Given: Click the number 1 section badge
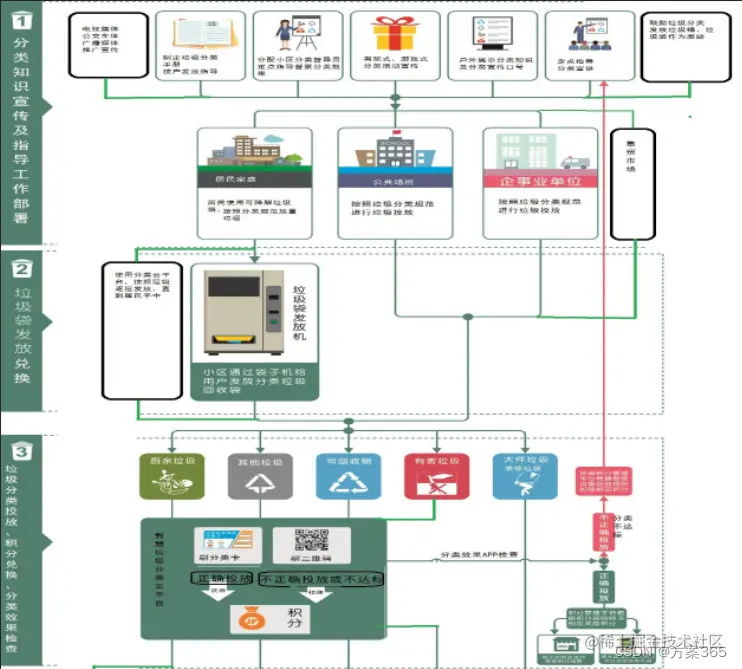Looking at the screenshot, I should [23, 18].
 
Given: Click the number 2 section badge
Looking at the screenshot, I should [23, 269].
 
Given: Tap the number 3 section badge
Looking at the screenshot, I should [23, 451].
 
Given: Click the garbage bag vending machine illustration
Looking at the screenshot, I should [239, 312].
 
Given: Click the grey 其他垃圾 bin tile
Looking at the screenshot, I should [258, 476].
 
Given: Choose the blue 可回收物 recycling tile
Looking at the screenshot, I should [348, 476].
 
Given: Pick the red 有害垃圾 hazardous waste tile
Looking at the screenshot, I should [436, 476].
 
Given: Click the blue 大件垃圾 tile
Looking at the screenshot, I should [523, 476].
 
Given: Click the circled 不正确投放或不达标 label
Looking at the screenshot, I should [322, 579].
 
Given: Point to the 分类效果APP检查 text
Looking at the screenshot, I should [479, 555].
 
